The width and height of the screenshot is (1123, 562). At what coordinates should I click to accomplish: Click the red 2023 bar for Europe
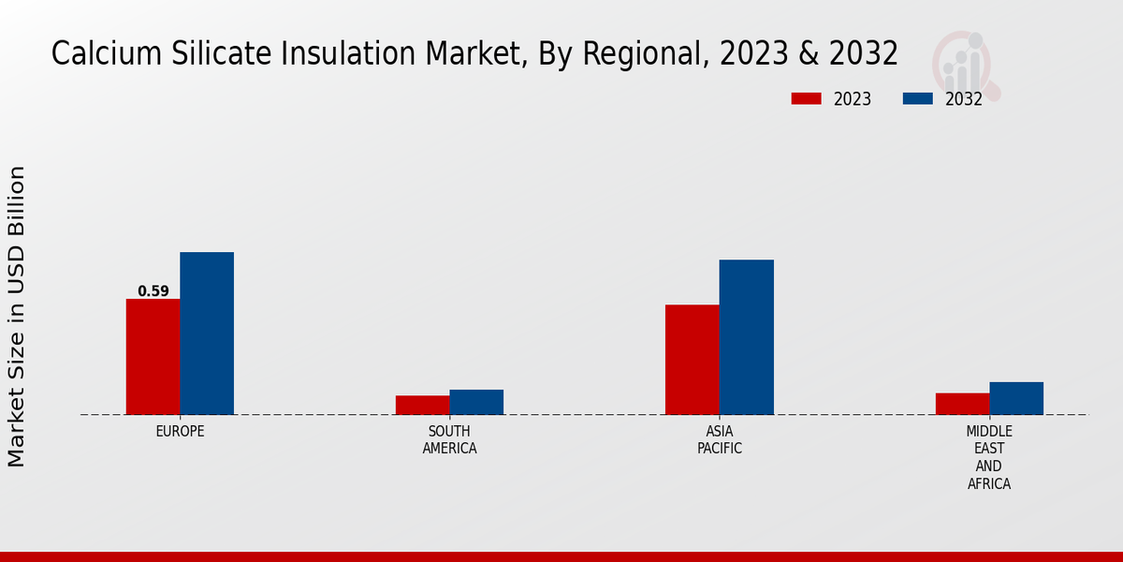[153, 357]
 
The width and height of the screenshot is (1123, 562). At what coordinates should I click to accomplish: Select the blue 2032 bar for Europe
[207, 333]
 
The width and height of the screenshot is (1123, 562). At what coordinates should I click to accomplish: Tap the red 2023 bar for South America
[422, 405]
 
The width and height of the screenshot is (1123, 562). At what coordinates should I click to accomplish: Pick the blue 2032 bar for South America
[476, 402]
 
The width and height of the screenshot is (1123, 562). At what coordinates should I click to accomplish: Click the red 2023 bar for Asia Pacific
[693, 360]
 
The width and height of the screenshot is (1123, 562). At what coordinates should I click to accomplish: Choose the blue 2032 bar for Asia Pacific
[747, 337]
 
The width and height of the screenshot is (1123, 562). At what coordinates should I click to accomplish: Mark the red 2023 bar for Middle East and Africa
[962, 404]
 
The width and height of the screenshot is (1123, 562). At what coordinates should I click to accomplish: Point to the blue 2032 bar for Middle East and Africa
[1016, 398]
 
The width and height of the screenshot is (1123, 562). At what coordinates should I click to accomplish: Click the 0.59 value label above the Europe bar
[153, 291]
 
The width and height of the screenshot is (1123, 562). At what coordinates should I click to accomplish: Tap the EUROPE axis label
[180, 432]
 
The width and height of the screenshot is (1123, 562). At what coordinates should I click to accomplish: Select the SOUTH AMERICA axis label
[449, 440]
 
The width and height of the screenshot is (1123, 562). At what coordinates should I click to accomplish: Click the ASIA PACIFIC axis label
[720, 440]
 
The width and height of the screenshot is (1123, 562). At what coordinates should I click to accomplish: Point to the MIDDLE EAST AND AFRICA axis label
[989, 457]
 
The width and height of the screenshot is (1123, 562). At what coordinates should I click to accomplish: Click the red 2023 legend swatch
[806, 98]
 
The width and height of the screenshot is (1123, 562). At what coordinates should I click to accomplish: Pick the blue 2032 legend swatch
[918, 98]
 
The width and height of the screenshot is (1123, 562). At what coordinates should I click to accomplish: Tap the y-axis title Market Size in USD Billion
[17, 317]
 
